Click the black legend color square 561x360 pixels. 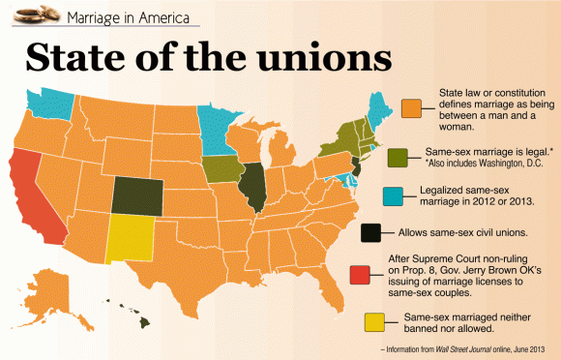369,233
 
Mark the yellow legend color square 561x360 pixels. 373,320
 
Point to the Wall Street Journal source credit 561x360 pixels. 462,347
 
